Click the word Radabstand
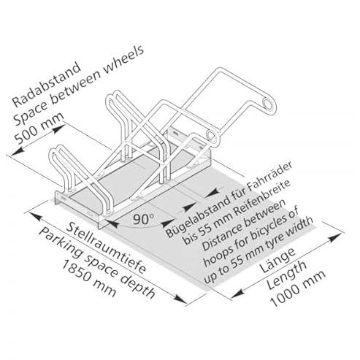[46, 84]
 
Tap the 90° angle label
[144, 218]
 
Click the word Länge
[277, 260]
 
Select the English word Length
[286, 275]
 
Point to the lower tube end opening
[211, 135]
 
